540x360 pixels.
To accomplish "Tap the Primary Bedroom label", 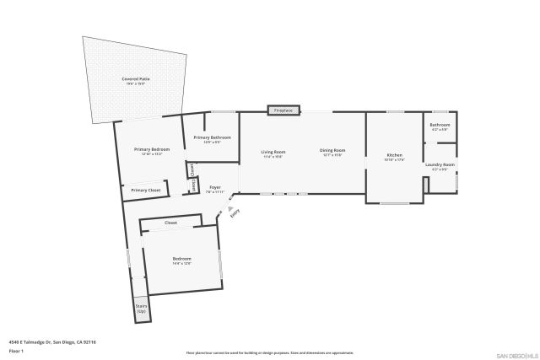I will click(x=148, y=149).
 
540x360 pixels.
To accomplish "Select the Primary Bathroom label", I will click(x=212, y=137).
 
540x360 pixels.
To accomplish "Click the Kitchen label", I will click(x=394, y=155).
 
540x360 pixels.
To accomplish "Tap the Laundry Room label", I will click(x=440, y=164).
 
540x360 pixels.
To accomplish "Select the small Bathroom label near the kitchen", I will click(x=440, y=125).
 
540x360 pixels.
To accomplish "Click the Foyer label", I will click(x=215, y=187).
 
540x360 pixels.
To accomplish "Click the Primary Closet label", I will click(x=146, y=190).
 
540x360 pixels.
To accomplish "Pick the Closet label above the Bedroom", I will click(x=170, y=223).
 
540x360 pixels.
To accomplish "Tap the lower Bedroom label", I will click(x=182, y=258).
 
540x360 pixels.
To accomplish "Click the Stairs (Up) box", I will click(x=141, y=309).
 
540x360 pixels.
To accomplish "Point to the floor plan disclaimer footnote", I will click(x=270, y=353).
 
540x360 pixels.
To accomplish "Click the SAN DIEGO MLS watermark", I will click(x=516, y=355).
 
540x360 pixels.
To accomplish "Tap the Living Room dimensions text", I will click(x=273, y=156).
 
